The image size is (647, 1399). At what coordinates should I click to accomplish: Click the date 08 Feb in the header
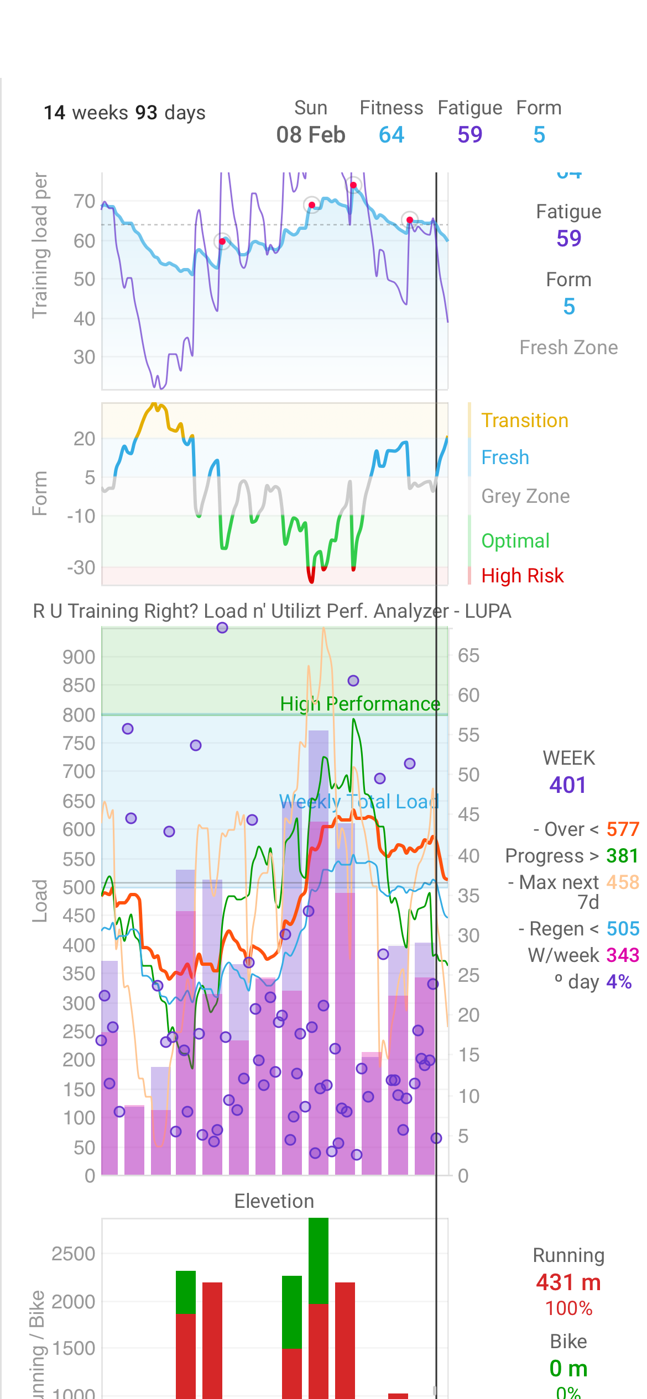pos(311,135)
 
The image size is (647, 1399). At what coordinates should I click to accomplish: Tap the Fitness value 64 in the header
pos(392,135)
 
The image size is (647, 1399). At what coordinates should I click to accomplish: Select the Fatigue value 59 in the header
pos(470,135)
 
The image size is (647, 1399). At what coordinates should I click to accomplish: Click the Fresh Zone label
pos(568,348)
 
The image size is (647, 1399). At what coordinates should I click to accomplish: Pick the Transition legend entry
pos(524,420)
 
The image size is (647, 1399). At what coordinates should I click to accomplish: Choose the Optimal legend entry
pos(515,541)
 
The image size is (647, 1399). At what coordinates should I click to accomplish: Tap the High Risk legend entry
pos(522,576)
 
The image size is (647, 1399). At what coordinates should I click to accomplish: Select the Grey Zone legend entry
pos(525,496)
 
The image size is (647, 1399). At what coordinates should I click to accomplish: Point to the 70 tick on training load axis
pos(85,202)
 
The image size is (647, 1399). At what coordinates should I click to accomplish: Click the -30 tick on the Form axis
pos(81,567)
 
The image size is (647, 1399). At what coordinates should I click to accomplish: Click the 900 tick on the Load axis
pos(79,657)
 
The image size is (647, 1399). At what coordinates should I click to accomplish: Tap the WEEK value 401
pos(568,785)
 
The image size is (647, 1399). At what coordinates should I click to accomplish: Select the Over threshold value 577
pos(623,829)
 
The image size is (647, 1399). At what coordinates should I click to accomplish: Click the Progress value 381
pos(622,856)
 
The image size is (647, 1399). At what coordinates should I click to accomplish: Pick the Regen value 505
pos(623,929)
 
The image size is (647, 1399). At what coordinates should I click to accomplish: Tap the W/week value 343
pos(623,955)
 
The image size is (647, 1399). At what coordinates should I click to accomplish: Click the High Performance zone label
pos(360,704)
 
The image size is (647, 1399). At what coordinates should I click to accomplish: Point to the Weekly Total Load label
pos(359,802)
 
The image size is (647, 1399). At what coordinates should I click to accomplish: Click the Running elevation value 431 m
pos(568,1282)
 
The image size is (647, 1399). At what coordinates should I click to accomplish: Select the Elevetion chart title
pos(274,1201)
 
